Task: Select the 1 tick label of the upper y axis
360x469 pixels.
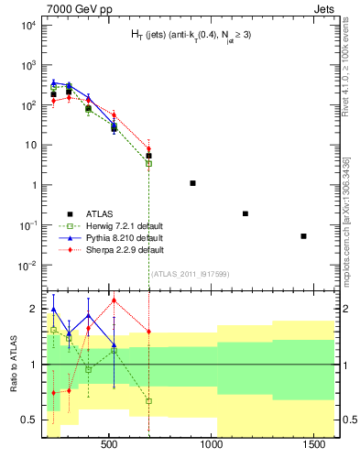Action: [31, 185]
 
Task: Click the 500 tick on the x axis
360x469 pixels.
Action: [109, 444]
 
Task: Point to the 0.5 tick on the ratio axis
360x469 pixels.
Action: [27, 420]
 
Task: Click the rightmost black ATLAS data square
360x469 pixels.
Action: [303, 236]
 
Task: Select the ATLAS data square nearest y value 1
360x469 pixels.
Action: [192, 183]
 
